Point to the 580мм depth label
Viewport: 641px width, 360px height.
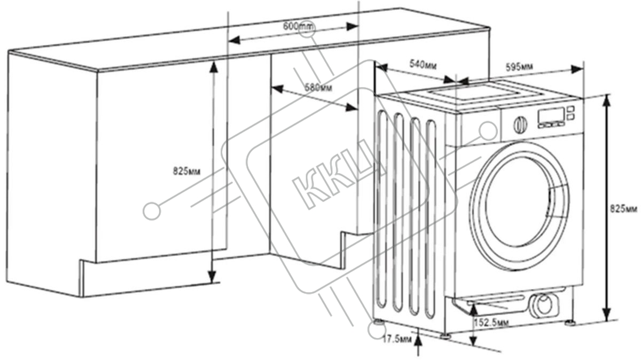click(318, 87)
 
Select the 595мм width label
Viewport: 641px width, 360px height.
click(519, 67)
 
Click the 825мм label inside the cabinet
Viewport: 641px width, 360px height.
click(186, 171)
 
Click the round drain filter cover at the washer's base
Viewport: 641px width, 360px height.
click(544, 306)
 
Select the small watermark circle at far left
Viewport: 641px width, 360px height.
click(152, 211)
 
